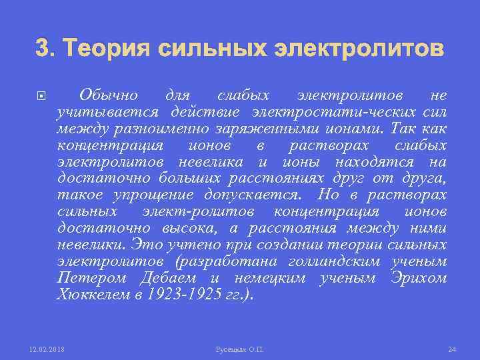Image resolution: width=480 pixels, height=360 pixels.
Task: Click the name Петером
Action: pyautogui.click(x=91, y=279)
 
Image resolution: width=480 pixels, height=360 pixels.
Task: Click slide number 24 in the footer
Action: pyautogui.click(x=451, y=349)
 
